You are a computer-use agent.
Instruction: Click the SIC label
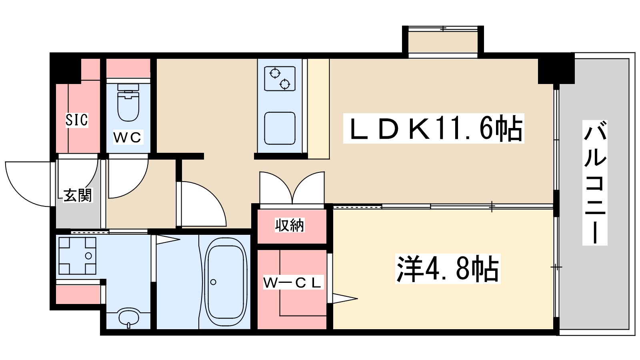click(x=77, y=120)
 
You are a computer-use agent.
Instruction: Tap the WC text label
click(x=128, y=137)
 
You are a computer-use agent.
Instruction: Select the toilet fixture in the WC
click(x=128, y=106)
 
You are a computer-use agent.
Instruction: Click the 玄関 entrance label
click(x=78, y=195)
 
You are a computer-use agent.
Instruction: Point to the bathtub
click(x=226, y=281)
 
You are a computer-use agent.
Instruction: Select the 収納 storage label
click(x=290, y=225)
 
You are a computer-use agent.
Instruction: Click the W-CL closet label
click(x=292, y=283)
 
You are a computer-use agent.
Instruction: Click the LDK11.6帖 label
click(x=434, y=129)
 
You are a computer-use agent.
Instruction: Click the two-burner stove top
click(x=280, y=79)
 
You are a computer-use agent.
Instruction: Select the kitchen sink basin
click(x=280, y=128)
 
